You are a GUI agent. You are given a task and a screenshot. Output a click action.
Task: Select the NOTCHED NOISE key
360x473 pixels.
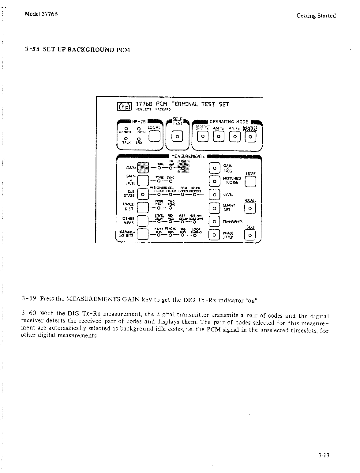click(214, 181)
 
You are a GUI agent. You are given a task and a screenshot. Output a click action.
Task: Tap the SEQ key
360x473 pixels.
click(250, 236)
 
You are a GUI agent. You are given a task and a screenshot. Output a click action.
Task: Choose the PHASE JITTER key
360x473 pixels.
click(214, 235)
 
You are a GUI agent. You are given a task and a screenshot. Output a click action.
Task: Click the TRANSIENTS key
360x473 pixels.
click(214, 221)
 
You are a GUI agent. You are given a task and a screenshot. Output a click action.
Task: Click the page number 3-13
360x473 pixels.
click(323, 456)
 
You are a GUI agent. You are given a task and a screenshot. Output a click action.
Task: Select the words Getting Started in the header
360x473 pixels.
click(316, 16)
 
